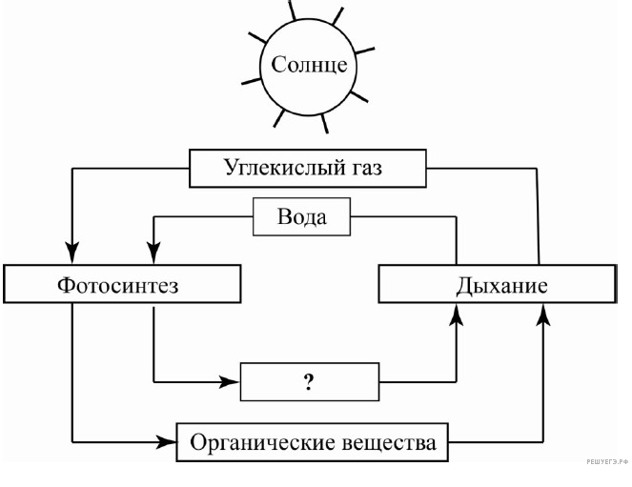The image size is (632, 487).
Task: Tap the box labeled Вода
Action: click(301, 217)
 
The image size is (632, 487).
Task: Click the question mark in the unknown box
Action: click(309, 383)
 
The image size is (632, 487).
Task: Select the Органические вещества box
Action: click(312, 443)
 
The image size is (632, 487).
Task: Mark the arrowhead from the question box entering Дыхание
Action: click(457, 315)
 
